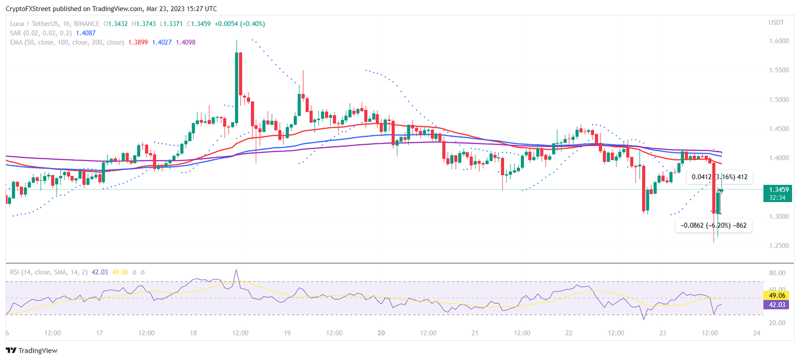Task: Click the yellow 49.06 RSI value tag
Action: tap(776, 295)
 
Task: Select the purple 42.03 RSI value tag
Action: tap(776, 305)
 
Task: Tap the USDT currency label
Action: tap(776, 22)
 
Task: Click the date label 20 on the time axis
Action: tap(381, 333)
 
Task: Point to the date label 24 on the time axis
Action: tap(757, 333)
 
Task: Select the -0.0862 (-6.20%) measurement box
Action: tap(713, 226)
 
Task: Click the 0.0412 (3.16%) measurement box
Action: tap(719, 177)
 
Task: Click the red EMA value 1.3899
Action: tap(138, 42)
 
